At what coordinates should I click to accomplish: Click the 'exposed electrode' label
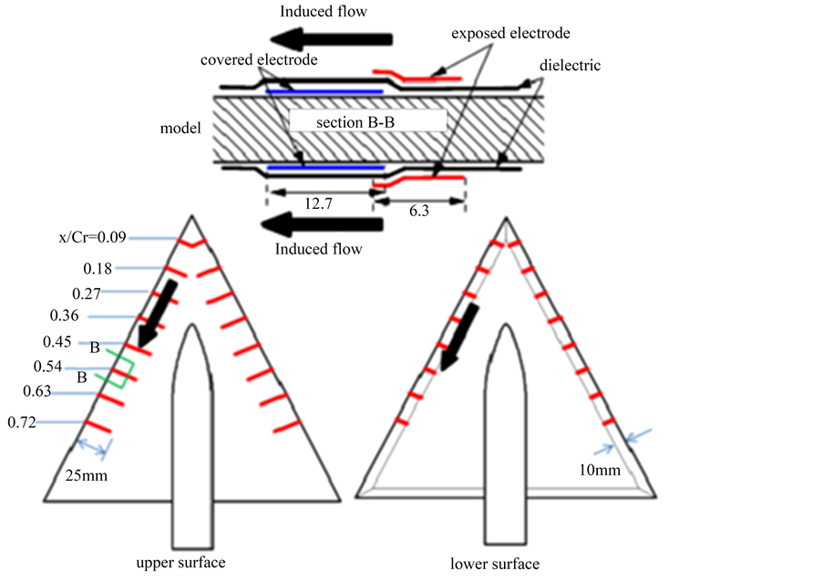(509, 34)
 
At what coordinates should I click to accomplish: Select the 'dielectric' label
(571, 67)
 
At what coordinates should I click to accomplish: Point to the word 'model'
(180, 128)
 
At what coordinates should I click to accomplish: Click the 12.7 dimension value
(319, 206)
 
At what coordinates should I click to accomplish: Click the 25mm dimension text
(84, 475)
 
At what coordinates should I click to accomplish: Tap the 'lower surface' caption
(495, 563)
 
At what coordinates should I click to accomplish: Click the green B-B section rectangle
(118, 370)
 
